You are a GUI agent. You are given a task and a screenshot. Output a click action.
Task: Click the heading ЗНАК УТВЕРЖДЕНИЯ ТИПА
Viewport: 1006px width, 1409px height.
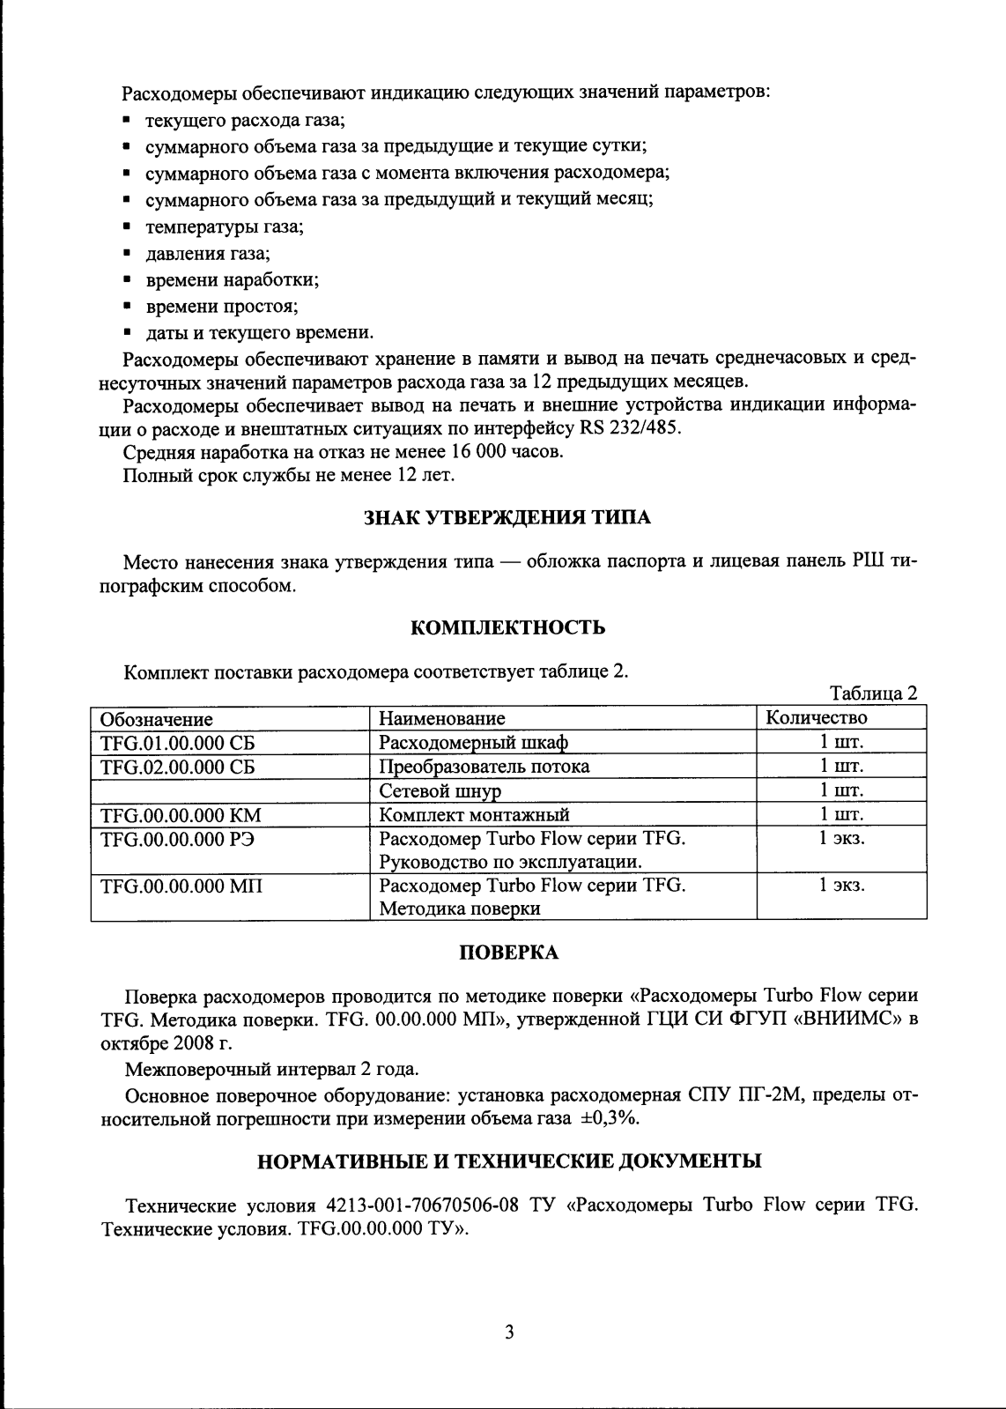pyautogui.click(x=507, y=518)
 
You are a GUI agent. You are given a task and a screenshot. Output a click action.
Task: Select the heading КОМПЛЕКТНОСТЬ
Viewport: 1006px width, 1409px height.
pyautogui.click(x=508, y=627)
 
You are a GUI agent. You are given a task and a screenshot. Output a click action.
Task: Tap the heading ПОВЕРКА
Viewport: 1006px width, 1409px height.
pyautogui.click(x=508, y=953)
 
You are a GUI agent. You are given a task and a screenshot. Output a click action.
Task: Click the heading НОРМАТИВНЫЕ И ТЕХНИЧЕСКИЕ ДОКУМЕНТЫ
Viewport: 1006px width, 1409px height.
pyautogui.click(x=508, y=1161)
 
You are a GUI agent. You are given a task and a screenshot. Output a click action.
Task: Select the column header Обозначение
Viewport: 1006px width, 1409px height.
pyautogui.click(x=157, y=719)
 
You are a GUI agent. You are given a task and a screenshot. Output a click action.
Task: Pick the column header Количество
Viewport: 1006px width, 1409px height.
pyautogui.click(x=817, y=717)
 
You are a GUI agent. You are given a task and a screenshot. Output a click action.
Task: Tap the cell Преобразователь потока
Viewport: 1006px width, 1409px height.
pyautogui.click(x=485, y=767)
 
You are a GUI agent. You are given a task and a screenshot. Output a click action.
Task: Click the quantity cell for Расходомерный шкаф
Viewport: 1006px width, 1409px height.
pyautogui.click(x=841, y=742)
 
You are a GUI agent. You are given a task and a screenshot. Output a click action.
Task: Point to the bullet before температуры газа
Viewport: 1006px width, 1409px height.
pyautogui.click(x=128, y=227)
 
